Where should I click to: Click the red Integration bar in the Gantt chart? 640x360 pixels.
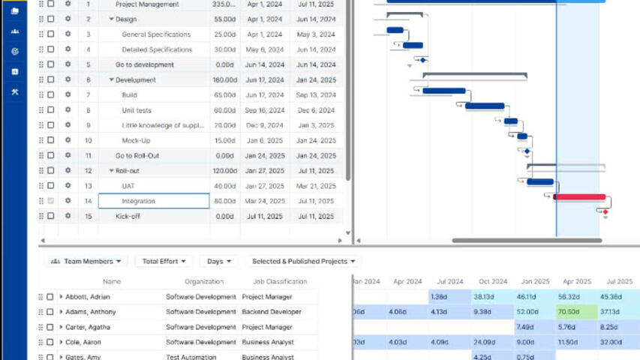[579, 197]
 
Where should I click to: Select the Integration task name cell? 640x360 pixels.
[154, 201]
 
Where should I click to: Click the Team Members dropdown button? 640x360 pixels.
[86, 261]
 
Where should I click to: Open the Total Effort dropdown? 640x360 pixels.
[164, 261]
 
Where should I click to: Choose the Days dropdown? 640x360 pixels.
[218, 261]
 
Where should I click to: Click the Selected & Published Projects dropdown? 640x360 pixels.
[303, 261]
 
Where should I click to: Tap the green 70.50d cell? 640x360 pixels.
[576, 311]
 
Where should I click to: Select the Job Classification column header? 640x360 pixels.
[274, 281]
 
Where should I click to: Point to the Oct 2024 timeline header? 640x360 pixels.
[492, 281]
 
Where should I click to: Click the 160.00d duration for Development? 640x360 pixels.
[224, 80]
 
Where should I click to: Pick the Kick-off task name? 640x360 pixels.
[128, 216]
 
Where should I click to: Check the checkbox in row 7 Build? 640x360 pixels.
[50, 95]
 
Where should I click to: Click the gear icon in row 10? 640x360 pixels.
[68, 140]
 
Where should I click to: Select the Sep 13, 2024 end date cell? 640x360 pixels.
[315, 95]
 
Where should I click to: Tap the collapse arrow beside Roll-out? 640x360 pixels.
[111, 171]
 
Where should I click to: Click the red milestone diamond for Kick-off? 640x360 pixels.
[605, 212]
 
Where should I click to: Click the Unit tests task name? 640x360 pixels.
[136, 110]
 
